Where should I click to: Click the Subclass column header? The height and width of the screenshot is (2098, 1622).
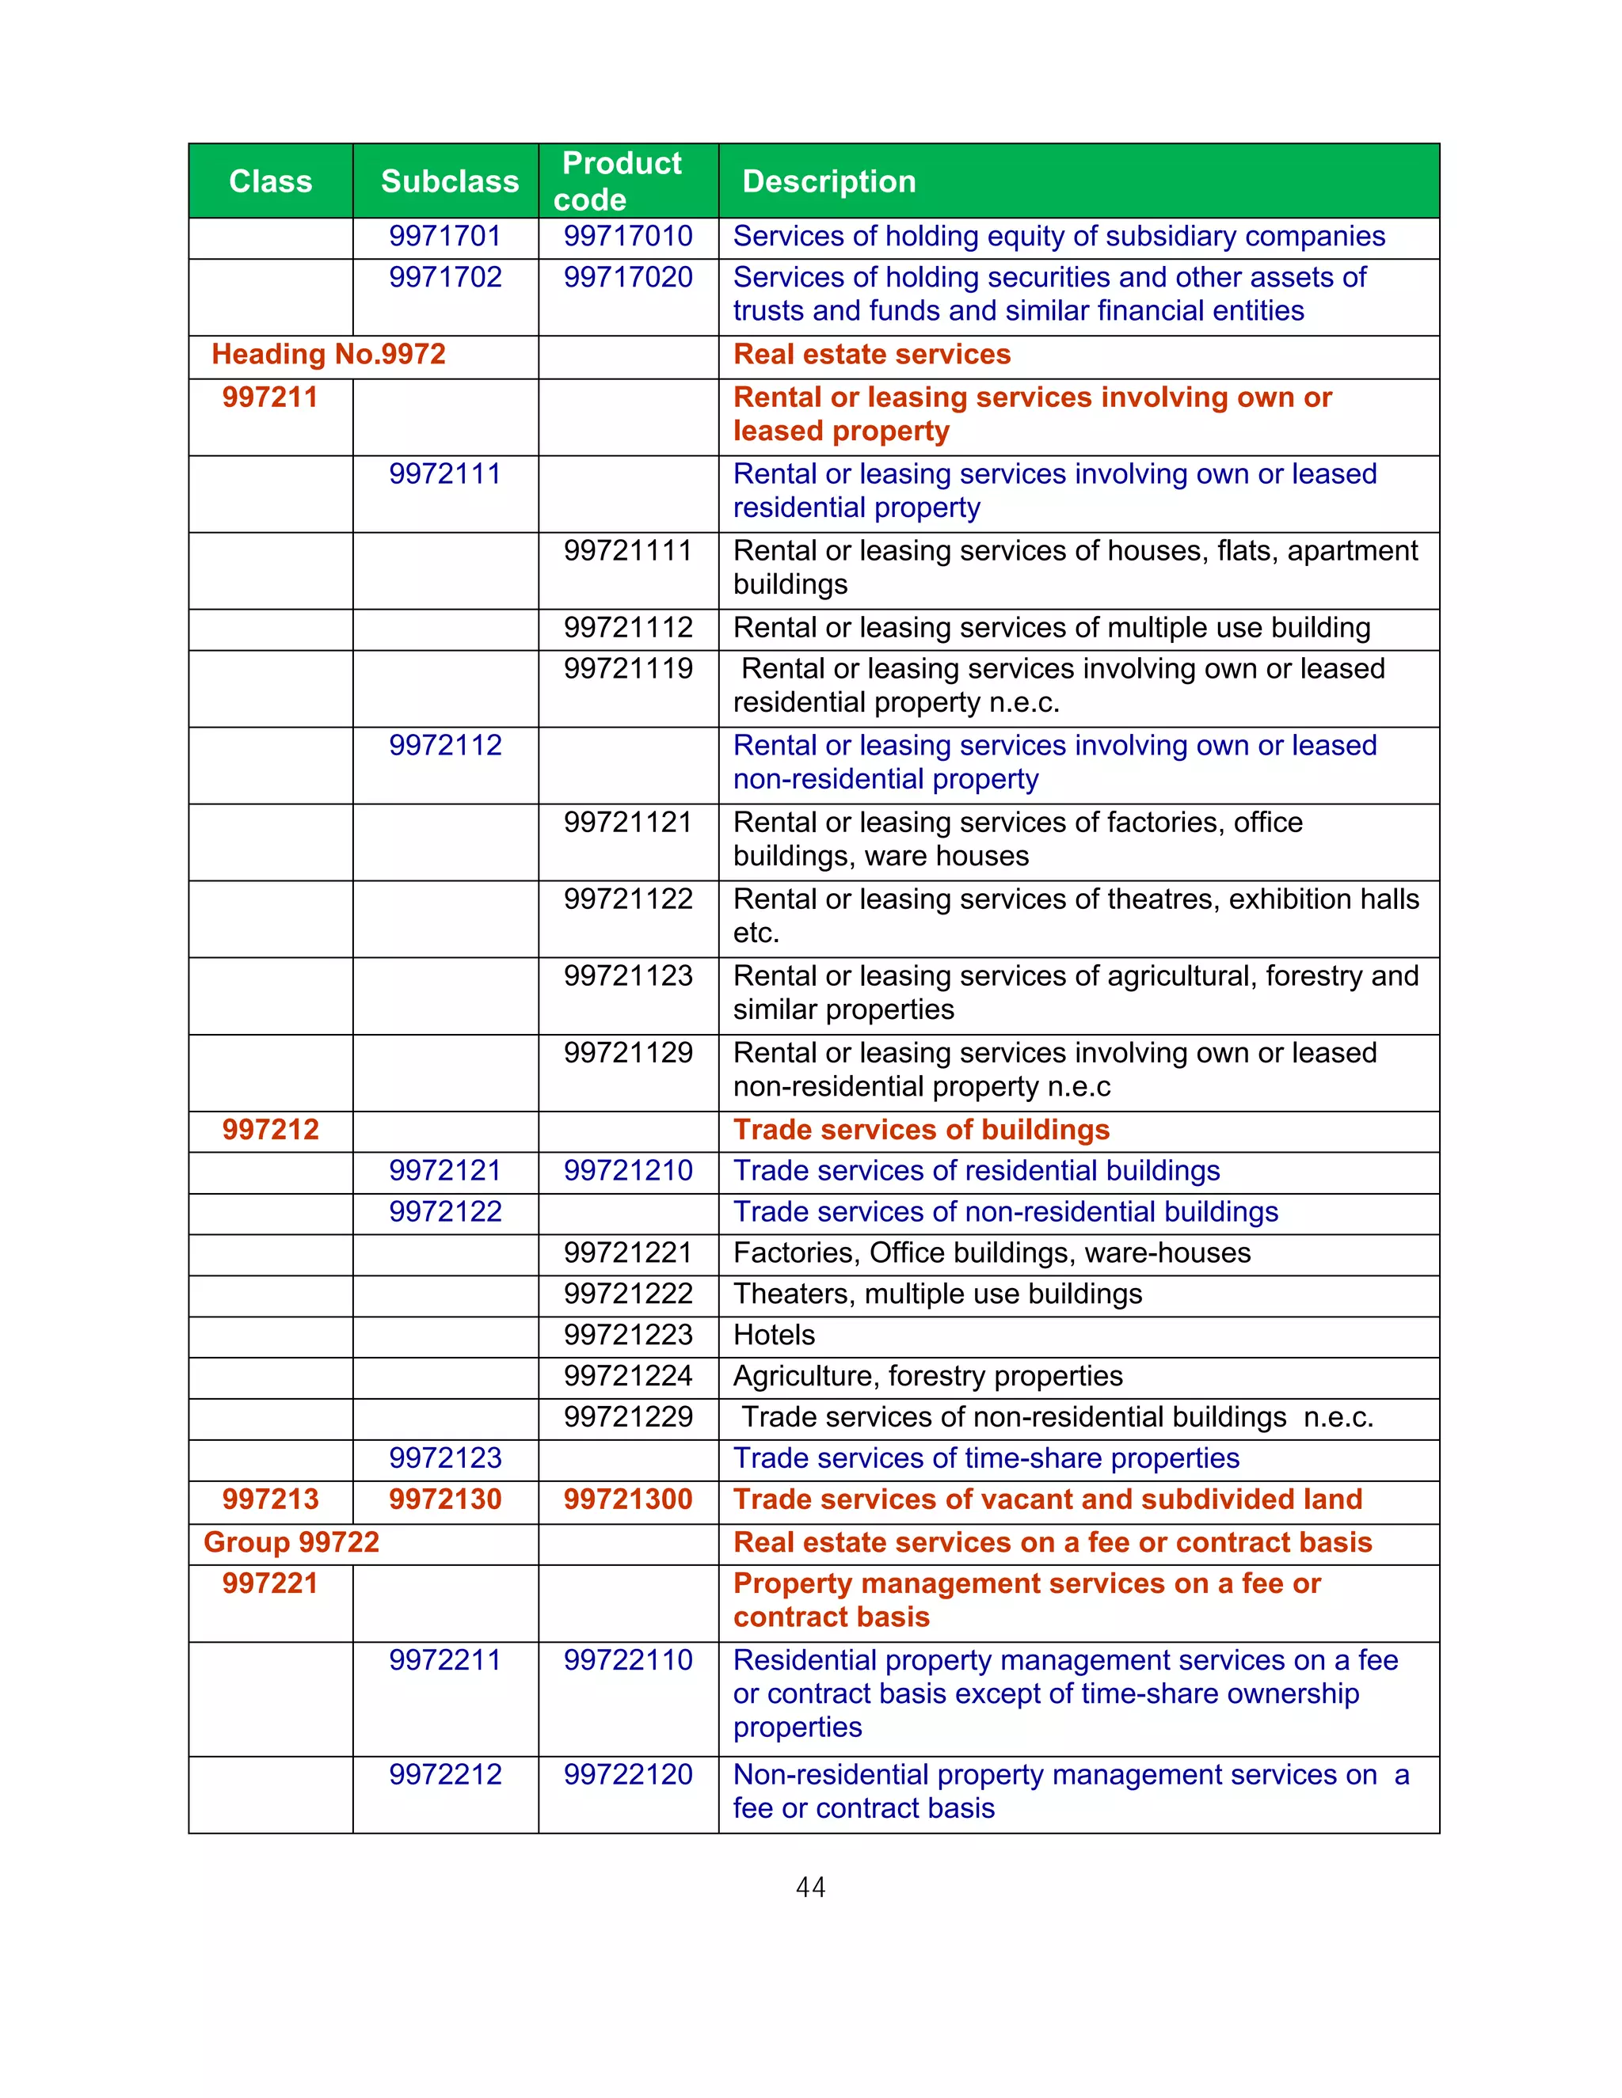449,181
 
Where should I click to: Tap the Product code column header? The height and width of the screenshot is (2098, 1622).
621,181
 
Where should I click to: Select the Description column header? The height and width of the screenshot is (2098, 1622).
828,181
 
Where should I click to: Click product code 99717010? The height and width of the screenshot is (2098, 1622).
627,236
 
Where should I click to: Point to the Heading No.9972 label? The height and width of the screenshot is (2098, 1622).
329,355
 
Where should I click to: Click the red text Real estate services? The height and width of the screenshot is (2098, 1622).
870,355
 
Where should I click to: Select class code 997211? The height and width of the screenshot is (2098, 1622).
270,397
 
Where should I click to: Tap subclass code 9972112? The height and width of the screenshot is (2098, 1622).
445,746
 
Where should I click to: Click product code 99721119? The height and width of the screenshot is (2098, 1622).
627,669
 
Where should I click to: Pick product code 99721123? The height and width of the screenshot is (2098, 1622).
627,976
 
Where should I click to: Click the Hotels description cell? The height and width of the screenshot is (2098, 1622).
774,1336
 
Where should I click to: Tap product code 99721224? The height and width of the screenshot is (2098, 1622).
627,1377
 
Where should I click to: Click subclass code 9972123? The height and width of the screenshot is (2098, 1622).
445,1458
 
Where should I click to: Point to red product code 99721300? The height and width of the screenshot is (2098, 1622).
627,1499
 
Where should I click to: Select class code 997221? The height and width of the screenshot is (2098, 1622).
270,1584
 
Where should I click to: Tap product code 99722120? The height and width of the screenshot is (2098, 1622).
627,1774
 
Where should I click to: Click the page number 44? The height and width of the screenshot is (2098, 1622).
810,1887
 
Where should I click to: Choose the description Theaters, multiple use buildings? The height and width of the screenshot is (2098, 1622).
937,1294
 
